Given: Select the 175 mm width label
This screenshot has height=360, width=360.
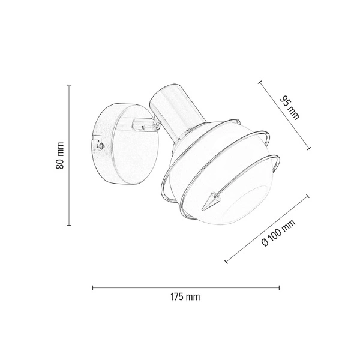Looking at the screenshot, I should pos(185,297).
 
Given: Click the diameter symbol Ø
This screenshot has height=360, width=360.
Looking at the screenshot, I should pos(265,246).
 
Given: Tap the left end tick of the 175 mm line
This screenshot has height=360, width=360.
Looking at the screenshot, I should pos(92,287).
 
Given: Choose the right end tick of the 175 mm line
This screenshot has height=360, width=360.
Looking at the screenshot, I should pos(279,287).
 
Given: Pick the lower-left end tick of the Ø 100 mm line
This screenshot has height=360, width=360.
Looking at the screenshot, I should pos(226,261).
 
